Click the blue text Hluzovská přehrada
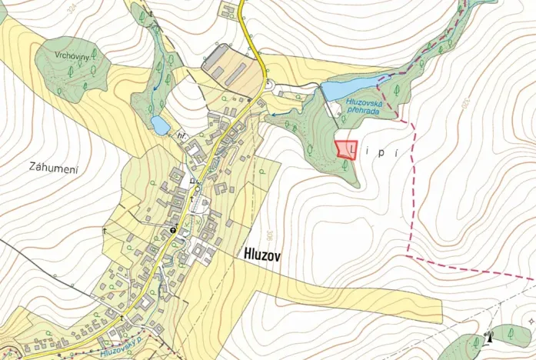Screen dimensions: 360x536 point(362,105)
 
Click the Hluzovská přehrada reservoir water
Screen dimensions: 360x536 point(350,88)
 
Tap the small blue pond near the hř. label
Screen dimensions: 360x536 point(160,125)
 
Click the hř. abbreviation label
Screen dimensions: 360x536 point(181,136)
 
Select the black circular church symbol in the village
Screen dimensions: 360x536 point(174,229)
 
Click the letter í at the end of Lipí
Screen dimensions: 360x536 point(394,152)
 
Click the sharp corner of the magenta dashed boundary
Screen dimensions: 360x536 point(406,253)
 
